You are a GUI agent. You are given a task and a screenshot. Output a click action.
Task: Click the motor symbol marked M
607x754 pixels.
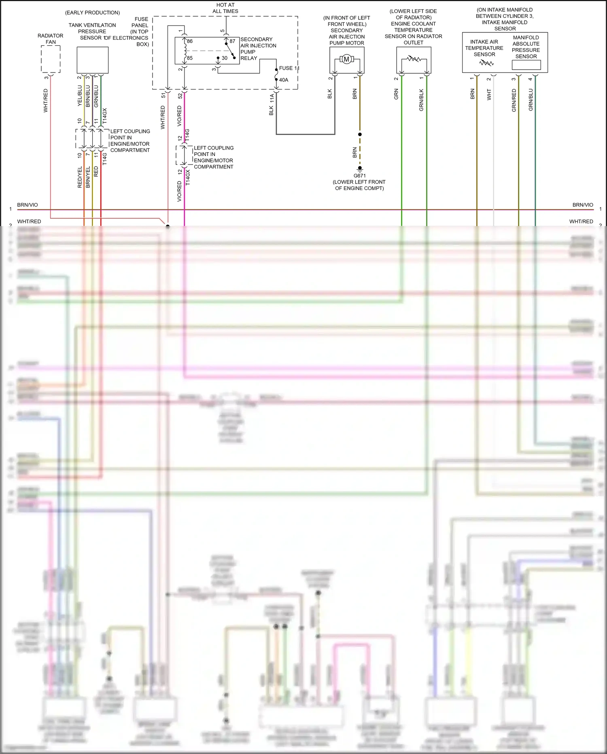point(346,60)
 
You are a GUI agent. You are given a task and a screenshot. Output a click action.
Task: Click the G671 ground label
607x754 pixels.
point(359,176)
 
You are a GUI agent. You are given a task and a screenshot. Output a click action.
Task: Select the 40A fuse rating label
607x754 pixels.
point(284,80)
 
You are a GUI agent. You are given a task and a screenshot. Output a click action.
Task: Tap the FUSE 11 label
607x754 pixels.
point(289,68)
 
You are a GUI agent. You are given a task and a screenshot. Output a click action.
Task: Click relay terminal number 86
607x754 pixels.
point(190,41)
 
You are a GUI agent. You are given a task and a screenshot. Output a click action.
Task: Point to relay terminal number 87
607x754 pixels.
point(232,41)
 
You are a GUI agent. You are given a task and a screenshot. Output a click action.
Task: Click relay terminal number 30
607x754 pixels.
point(225,58)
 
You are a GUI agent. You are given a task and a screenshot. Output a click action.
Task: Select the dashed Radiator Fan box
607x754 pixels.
point(51,59)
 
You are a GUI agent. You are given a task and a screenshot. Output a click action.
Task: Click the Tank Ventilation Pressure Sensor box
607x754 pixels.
point(93,60)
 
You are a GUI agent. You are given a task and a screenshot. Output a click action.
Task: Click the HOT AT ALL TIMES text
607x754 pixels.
point(225,8)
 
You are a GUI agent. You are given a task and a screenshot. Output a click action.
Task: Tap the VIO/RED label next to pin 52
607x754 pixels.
point(179,116)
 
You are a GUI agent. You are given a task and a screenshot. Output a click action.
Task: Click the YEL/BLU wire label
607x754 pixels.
point(80,96)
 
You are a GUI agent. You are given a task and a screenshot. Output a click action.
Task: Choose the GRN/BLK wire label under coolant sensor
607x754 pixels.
point(421,100)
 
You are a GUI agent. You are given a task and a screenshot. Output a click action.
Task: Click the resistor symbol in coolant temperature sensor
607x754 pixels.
point(414,59)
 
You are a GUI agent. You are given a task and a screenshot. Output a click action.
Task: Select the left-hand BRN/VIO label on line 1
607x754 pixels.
point(28,205)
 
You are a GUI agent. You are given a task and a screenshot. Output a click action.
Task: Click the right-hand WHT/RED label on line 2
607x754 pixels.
point(581,222)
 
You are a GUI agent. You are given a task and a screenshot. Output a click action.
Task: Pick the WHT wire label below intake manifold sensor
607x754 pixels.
point(489,95)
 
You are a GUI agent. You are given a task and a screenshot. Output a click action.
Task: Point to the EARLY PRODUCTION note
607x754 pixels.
point(92,13)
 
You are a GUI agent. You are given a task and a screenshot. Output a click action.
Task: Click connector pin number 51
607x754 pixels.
point(163,96)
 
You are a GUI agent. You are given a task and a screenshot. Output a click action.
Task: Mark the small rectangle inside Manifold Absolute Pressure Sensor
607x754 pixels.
point(526,65)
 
